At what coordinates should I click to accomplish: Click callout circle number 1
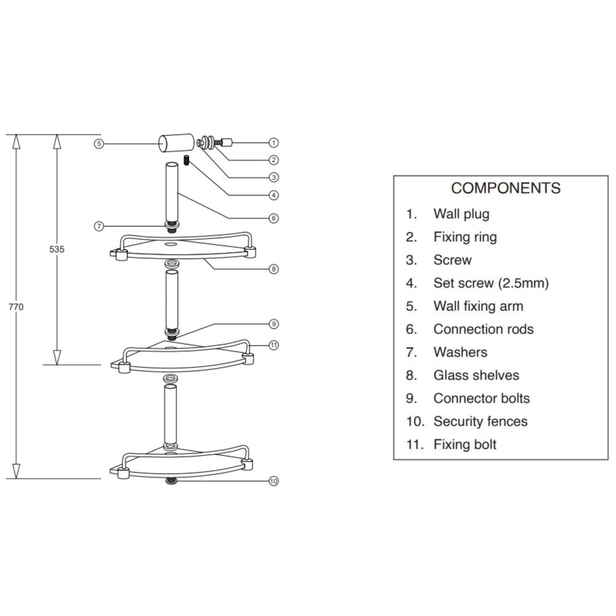point(274,143)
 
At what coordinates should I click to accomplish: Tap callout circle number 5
point(99,144)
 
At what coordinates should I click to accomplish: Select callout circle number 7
point(99,226)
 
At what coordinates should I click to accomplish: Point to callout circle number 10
point(274,481)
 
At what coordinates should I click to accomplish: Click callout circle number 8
point(274,269)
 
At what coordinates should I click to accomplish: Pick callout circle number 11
point(274,346)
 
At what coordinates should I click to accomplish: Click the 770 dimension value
point(16,307)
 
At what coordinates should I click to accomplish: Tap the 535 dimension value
point(57,249)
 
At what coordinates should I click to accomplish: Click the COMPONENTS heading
point(506,188)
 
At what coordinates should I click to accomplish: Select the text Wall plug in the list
point(461,214)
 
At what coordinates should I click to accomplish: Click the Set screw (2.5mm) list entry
point(491,283)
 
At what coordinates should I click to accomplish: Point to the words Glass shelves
point(476,375)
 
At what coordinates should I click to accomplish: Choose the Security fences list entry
point(480,421)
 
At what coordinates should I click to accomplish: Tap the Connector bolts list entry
point(482,399)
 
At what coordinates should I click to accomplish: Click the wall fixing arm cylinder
point(176,143)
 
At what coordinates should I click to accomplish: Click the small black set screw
point(187,161)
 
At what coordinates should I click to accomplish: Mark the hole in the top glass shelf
point(171,245)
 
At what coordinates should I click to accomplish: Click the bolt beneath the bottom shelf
point(171,481)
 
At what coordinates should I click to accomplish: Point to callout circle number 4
point(274,195)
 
